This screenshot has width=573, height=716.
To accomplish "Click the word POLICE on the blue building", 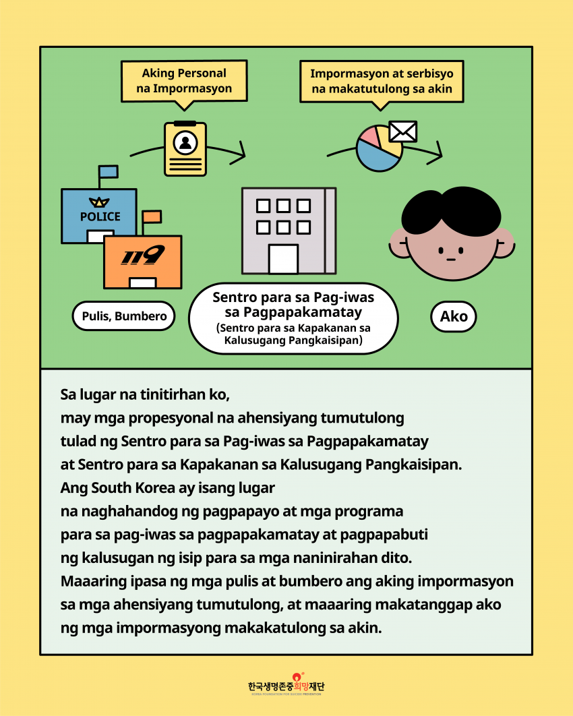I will point(100,216).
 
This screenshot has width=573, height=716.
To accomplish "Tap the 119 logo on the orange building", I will point(143,256).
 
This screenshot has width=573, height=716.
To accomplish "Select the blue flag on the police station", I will point(108,171).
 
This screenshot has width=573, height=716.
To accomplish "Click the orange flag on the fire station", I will point(152,216).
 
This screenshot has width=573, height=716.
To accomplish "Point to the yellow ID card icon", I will point(185,149).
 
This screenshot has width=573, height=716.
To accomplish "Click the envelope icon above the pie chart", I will point(403,131).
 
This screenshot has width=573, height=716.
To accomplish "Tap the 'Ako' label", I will point(453,317).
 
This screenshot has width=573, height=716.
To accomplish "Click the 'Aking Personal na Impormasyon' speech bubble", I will point(184,82).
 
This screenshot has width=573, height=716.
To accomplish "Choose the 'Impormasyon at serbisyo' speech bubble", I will point(381,82).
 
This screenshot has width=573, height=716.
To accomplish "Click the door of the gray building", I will point(283,259).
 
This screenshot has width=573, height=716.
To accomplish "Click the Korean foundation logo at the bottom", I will point(286,685).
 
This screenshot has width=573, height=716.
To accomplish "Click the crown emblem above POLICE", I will point(100,201).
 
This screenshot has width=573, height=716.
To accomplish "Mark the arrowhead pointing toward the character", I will point(438,151).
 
